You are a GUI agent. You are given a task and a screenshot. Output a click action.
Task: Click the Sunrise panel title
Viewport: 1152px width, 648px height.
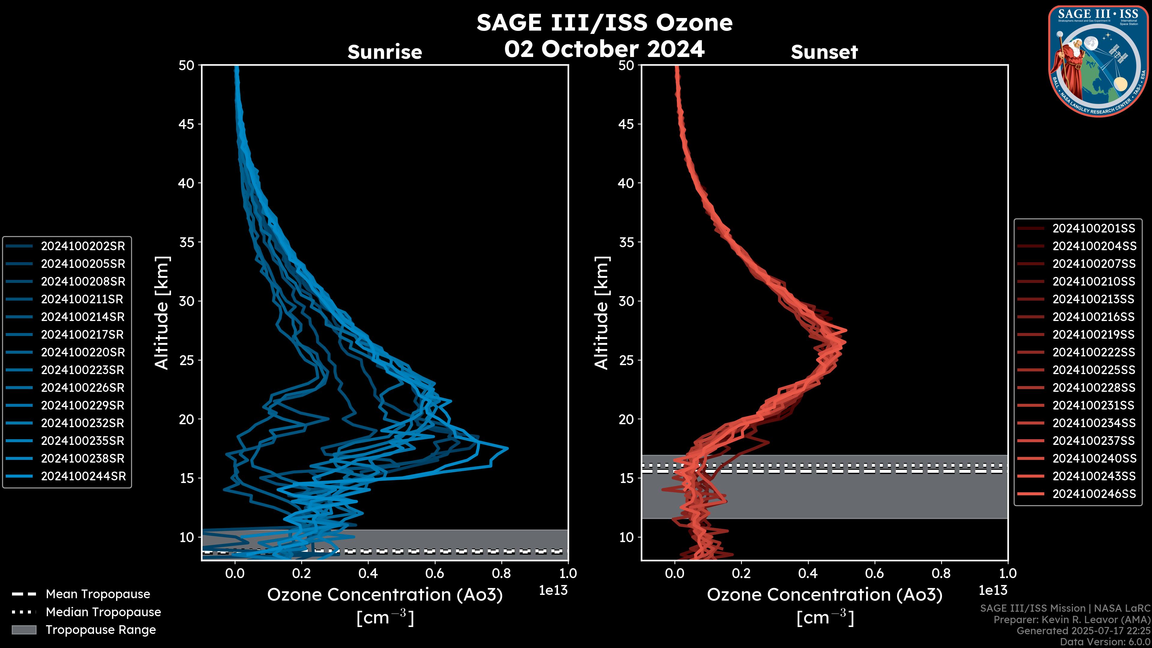coord(385,52)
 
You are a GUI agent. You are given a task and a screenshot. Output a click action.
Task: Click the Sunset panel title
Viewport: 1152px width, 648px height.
coord(824,52)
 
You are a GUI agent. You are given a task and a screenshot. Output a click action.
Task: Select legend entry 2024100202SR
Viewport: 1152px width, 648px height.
coord(83,246)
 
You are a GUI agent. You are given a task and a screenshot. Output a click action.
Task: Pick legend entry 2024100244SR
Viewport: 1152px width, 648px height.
coord(83,476)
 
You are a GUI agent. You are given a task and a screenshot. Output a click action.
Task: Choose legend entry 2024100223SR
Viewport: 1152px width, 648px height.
coord(83,370)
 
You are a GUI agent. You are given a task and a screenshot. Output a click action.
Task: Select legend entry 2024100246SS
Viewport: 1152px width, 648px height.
coord(1094,494)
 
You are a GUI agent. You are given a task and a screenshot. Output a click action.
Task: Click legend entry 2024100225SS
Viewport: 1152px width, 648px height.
coord(1093,370)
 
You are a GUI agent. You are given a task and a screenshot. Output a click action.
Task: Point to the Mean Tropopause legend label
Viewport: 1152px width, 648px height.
coord(98,594)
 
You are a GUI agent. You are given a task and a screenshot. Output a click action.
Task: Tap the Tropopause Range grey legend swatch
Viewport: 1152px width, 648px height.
coord(24,630)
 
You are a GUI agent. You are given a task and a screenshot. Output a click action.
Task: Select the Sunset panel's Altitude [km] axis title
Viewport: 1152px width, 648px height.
coord(601,313)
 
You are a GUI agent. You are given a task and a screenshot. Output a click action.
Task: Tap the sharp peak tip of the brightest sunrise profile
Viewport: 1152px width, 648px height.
coord(508,448)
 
